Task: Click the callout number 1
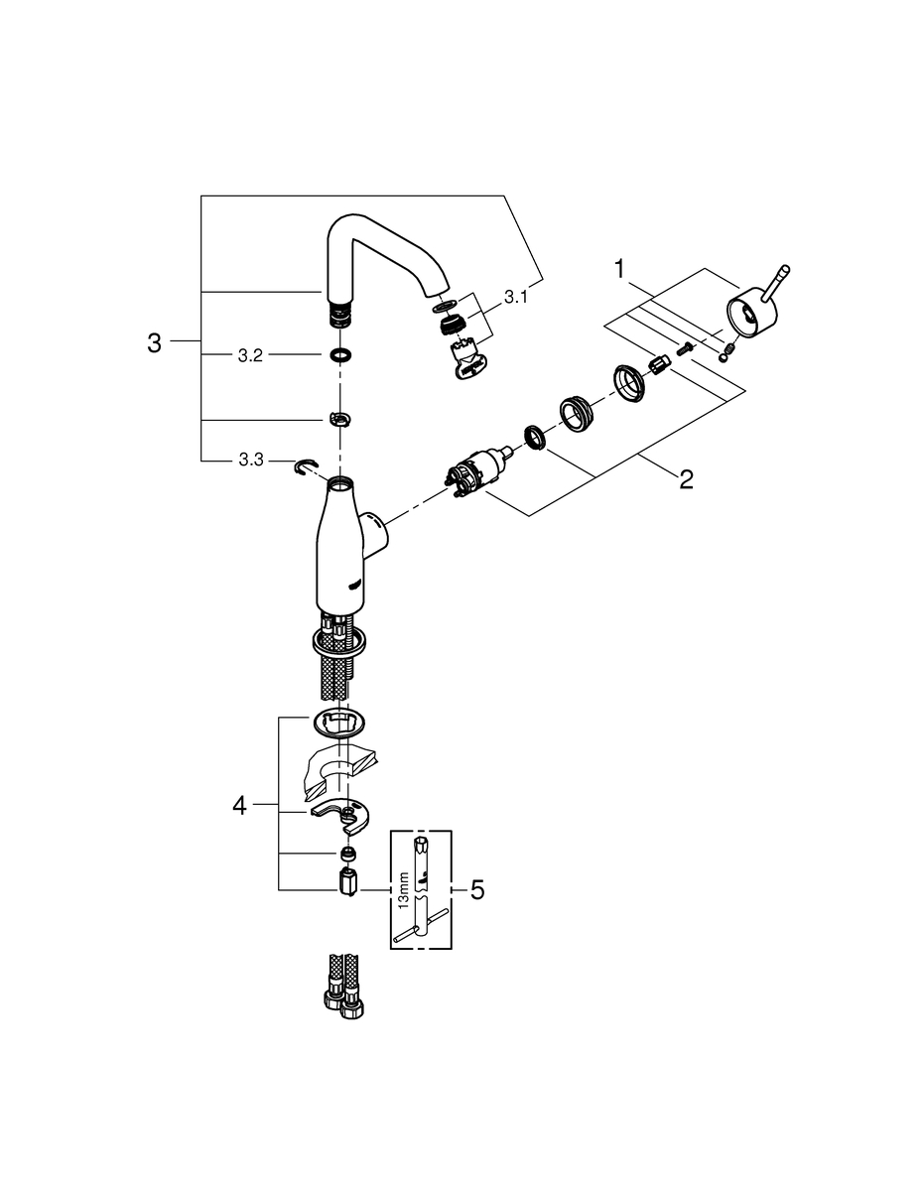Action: [619, 270]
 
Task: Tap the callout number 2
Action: [686, 479]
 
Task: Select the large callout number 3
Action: [155, 343]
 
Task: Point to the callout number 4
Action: [239, 806]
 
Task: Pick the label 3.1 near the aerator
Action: [515, 298]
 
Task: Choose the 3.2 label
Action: [250, 356]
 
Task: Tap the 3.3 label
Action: [251, 460]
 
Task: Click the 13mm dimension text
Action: [405, 890]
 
